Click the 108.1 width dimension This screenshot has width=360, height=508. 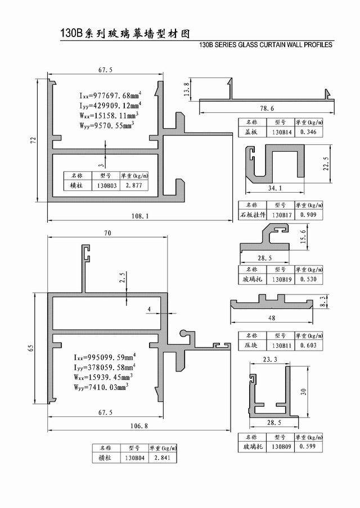(x=140, y=216)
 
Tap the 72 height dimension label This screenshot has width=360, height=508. (x=33, y=140)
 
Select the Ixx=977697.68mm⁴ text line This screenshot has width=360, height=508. (x=110, y=96)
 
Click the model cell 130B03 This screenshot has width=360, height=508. (x=107, y=186)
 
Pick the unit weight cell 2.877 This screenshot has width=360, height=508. (x=134, y=185)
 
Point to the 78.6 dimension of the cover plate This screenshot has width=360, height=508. (x=267, y=108)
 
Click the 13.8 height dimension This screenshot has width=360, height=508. (x=186, y=89)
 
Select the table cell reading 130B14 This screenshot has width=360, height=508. (x=281, y=132)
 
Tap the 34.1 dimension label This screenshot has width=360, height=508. (x=274, y=188)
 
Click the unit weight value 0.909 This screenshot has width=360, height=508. (x=308, y=215)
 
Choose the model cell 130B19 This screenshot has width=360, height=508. (x=281, y=279)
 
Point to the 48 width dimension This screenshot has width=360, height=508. (x=272, y=318)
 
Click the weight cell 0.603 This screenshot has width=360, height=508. (x=308, y=346)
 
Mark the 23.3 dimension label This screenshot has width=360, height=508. (x=270, y=359)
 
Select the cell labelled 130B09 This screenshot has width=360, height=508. (x=281, y=446)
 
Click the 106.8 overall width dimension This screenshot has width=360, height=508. (x=139, y=426)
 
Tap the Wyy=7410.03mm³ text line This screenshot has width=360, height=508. (x=101, y=387)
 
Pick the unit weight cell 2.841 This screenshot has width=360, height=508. (x=163, y=458)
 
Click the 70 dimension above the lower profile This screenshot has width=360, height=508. (x=107, y=233)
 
